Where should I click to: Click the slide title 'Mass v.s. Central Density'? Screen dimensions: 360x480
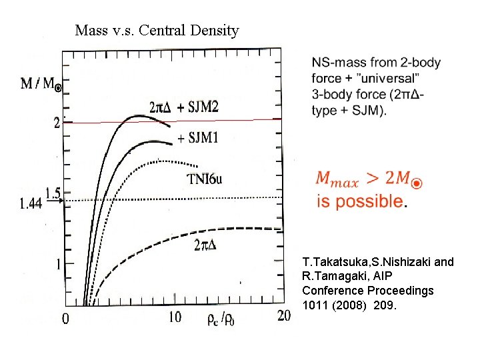[157, 30]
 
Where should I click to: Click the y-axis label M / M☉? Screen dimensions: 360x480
[41, 84]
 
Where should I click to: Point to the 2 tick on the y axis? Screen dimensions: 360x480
[57, 123]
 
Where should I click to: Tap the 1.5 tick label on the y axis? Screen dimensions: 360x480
[53, 193]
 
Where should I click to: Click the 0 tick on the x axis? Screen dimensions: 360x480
[65, 318]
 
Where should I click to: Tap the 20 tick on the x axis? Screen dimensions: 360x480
[284, 315]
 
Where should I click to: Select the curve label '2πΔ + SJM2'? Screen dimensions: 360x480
[184, 107]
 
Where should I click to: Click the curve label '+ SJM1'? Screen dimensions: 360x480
[199, 138]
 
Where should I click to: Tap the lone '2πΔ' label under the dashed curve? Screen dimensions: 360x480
[205, 245]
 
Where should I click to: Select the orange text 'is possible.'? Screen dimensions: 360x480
[360, 201]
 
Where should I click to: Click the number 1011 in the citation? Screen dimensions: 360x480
[315, 305]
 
